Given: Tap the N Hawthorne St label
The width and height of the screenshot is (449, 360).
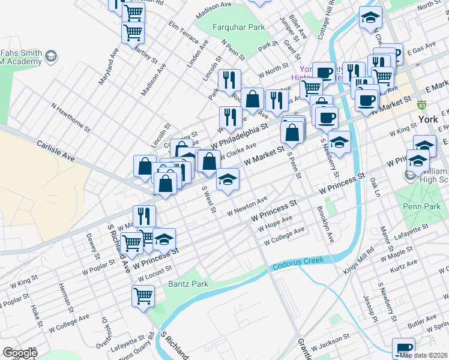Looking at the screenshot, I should click(71, 117).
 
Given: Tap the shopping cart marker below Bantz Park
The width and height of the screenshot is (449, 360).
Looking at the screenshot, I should click(143, 296).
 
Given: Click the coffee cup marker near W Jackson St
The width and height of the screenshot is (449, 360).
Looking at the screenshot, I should click(403, 348).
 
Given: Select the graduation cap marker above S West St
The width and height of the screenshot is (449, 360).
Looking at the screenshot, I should click(228, 179).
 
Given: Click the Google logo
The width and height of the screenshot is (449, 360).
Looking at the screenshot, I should click(20, 353).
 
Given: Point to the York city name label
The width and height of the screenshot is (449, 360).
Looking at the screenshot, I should click(428, 119).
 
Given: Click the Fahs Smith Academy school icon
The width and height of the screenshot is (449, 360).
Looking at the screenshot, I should click(51, 57).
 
